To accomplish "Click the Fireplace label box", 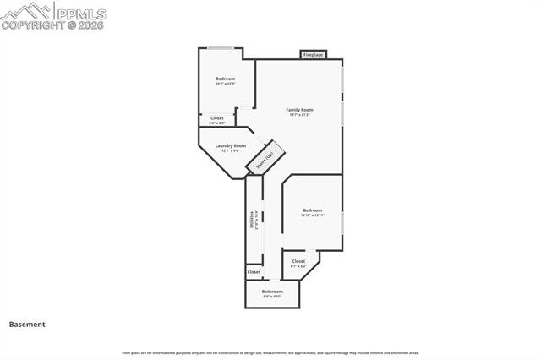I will (314, 55).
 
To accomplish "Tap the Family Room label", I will (299, 110).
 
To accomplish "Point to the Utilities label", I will (251, 221).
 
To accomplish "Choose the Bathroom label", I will (272, 292).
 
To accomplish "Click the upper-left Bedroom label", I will (225, 79).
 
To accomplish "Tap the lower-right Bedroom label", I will (313, 210).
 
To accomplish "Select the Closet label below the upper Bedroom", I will (217, 118).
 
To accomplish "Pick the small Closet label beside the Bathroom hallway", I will (254, 272).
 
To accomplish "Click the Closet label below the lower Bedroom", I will (298, 261).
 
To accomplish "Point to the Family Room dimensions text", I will (299, 115).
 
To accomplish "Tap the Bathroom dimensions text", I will (272, 297).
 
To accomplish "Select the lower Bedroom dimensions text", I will (313, 215).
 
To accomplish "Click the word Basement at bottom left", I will (27, 324).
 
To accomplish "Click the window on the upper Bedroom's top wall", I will (221, 48).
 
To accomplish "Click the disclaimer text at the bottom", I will (270, 352).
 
